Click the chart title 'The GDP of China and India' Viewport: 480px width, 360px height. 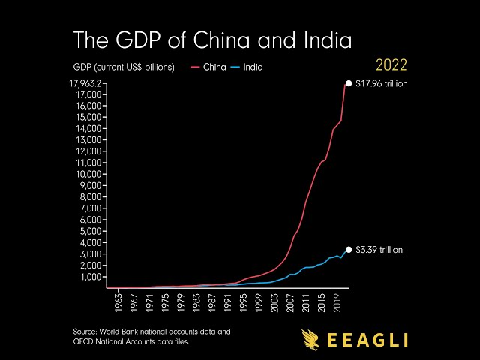[212, 39]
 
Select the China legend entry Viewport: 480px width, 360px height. [214, 67]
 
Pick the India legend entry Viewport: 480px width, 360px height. [253, 67]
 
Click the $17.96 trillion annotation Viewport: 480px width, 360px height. [381, 83]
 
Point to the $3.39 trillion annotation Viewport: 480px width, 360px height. [379, 250]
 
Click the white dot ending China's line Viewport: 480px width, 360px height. [348, 83]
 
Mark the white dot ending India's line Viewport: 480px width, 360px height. [348, 250]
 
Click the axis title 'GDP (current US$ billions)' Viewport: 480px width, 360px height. [124, 67]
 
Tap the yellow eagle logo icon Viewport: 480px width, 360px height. [313, 339]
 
